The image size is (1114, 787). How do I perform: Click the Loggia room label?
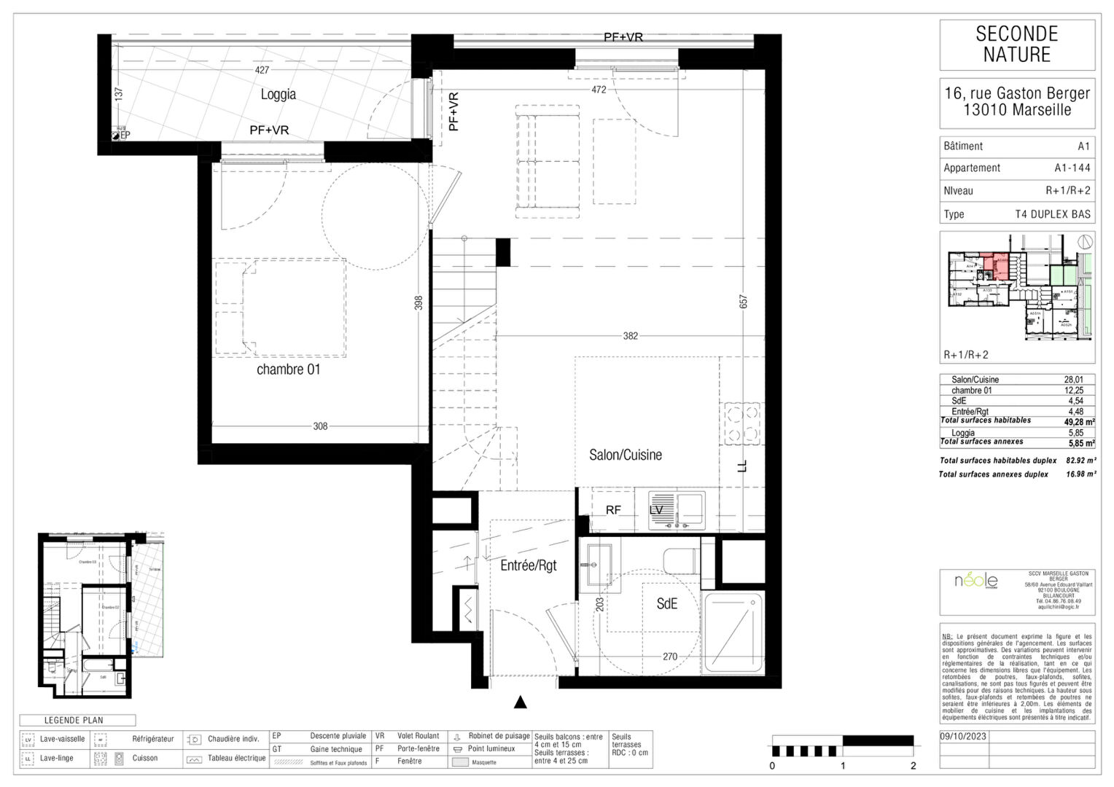point(278,95)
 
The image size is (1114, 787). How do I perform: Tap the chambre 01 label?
point(288,369)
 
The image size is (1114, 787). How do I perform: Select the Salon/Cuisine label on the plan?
point(626,455)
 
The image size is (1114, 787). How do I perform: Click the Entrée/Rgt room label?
point(528,565)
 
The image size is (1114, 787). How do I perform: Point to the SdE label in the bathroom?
point(666,604)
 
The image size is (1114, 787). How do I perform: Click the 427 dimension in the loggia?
point(262,70)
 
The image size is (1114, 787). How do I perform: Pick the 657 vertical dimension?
point(743,301)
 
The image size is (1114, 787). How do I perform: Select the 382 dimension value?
point(630,336)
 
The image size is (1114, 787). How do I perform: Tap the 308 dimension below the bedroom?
point(320,426)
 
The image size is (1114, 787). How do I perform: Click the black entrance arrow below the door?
point(521,702)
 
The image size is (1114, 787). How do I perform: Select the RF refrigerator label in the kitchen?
point(613,510)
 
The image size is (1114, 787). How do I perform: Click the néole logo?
point(976,581)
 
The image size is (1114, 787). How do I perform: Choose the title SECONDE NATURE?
point(1017,44)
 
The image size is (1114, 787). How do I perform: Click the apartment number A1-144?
point(1072,168)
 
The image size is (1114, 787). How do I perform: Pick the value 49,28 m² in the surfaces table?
point(1079,421)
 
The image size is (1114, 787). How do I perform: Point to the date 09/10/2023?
point(964,736)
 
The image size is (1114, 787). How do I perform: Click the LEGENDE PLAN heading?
point(74,720)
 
